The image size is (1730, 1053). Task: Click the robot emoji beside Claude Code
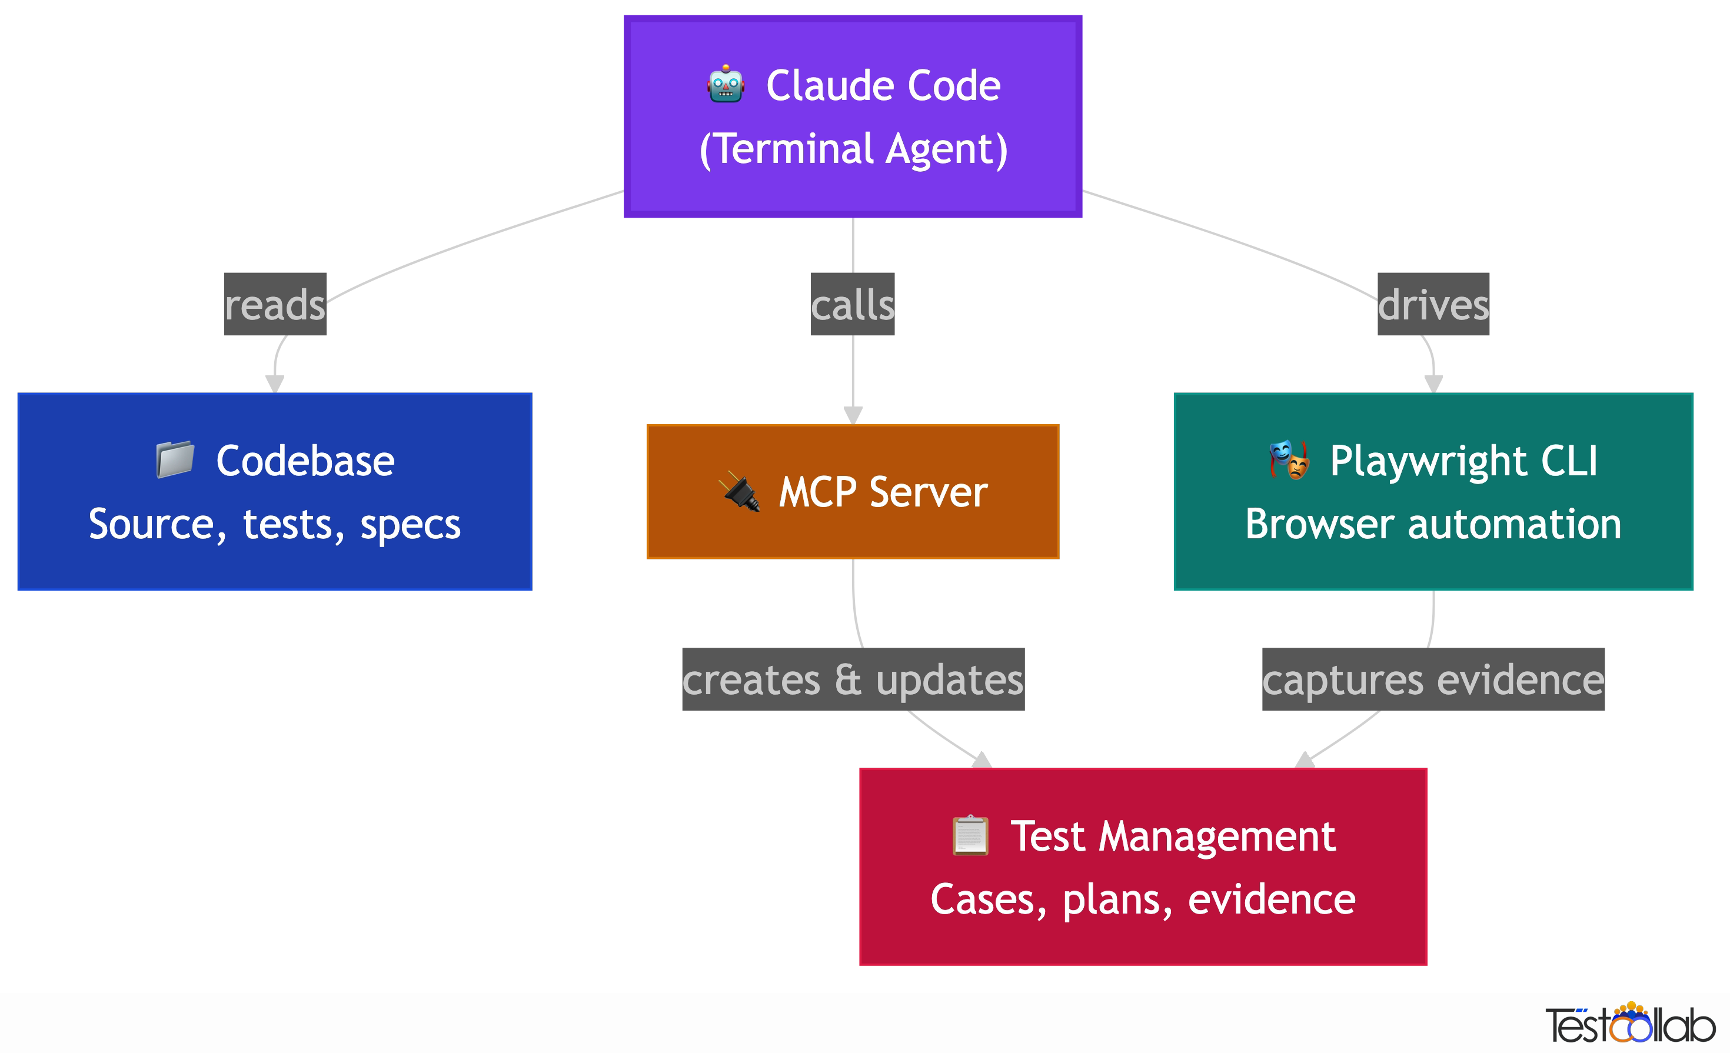pyautogui.click(x=726, y=85)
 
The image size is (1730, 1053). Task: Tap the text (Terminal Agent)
pyautogui.click(x=853, y=149)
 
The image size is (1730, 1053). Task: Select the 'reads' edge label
pyautogui.click(x=275, y=304)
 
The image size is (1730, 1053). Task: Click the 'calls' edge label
pyautogui.click(x=853, y=304)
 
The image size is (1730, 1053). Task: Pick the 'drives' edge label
pyautogui.click(x=1433, y=304)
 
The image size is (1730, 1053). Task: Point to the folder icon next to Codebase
pyautogui.click(x=175, y=460)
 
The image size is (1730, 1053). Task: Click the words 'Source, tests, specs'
pyautogui.click(x=275, y=524)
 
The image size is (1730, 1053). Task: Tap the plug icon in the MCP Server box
pyautogui.click(x=739, y=491)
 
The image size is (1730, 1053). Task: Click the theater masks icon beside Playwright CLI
pyautogui.click(x=1289, y=460)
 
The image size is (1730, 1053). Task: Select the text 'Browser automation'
pyautogui.click(x=1433, y=524)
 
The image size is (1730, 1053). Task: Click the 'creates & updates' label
pyautogui.click(x=853, y=679)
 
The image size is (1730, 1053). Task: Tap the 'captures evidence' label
pyautogui.click(x=1433, y=679)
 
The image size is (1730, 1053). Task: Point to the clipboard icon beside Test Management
pyautogui.click(x=970, y=835)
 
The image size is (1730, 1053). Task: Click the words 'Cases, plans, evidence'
pyautogui.click(x=1143, y=899)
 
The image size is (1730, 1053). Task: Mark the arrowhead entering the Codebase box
pyautogui.click(x=275, y=384)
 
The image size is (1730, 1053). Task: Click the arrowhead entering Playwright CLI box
pyautogui.click(x=1433, y=384)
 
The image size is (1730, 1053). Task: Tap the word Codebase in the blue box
pyautogui.click(x=305, y=461)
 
